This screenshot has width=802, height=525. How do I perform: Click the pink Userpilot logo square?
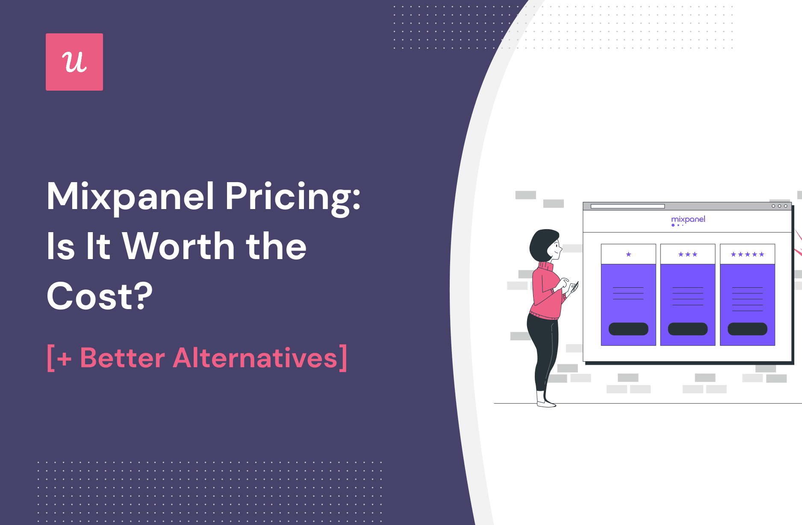pos(74,62)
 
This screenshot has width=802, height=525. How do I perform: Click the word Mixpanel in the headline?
pos(131,196)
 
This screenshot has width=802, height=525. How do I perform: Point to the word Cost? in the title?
pos(100,296)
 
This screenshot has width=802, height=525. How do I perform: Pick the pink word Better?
pos(122,358)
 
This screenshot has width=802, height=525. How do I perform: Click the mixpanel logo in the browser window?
pos(688,220)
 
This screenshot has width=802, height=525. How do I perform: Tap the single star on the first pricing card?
pos(628,254)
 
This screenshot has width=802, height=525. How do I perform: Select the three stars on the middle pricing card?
pos(688,254)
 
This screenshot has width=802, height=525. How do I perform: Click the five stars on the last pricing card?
pos(747,254)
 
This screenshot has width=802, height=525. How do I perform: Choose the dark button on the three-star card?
pos(688,329)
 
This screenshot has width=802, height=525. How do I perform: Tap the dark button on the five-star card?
pos(747,329)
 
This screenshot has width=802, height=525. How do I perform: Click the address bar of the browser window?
pos(628,206)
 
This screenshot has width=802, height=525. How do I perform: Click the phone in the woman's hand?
pos(575,287)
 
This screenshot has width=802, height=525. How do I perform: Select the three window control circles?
pos(779,206)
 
